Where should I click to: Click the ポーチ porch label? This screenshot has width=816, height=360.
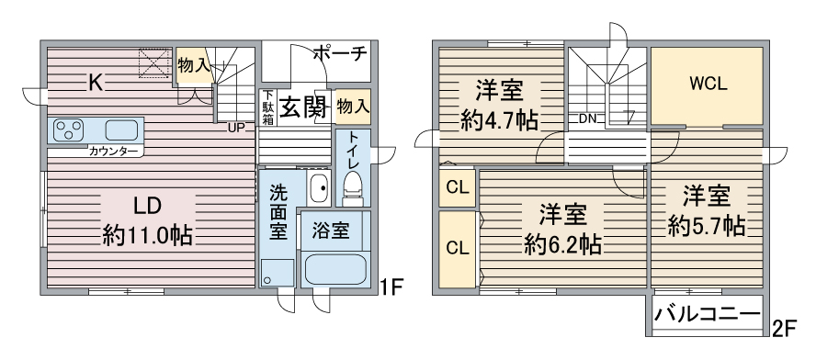(x=340, y=54)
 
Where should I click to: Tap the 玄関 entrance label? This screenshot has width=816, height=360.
(x=303, y=107)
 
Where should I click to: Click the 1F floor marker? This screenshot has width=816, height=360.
(x=392, y=287)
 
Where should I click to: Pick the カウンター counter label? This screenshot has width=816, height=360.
(x=114, y=150)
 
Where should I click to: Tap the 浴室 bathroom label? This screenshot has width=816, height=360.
(x=330, y=230)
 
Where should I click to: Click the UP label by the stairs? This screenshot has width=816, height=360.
(x=236, y=128)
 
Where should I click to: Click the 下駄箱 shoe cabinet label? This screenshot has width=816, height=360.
(x=267, y=107)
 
